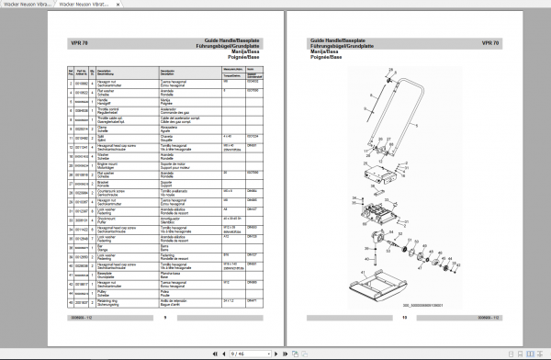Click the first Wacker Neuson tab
pyautogui.click(x=34, y=5)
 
